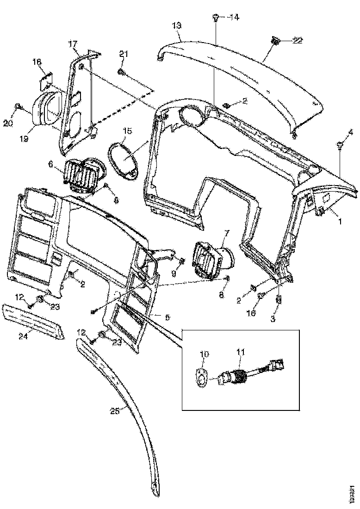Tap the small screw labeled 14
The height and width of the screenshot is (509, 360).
point(216,18)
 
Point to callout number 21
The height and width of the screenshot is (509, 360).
point(123,54)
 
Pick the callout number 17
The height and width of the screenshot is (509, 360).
point(73,44)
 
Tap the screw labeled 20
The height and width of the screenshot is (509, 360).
point(18,107)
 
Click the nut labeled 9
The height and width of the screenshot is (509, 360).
point(182,261)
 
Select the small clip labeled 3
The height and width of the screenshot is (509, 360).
point(279,299)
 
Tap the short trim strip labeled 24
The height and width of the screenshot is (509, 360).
point(32,321)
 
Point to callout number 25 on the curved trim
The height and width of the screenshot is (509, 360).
point(114,410)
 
